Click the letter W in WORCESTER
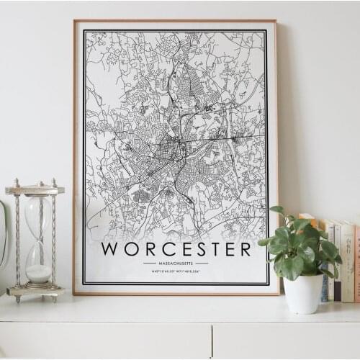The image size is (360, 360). tap(111, 249)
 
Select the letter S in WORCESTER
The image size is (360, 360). tap(194, 249)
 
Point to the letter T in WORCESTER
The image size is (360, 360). tap(210, 249)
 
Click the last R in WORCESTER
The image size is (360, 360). tap(245, 249)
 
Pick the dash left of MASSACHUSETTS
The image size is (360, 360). tap(149, 264)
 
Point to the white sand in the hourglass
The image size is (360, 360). tap(38, 273)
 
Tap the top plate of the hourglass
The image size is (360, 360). tap(35, 190)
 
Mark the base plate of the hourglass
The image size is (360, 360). tap(35, 292)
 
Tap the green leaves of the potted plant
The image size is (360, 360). tap(299, 245)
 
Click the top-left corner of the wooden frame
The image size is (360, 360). tap(74, 21)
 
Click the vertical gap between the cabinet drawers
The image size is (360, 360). tap(212, 341)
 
